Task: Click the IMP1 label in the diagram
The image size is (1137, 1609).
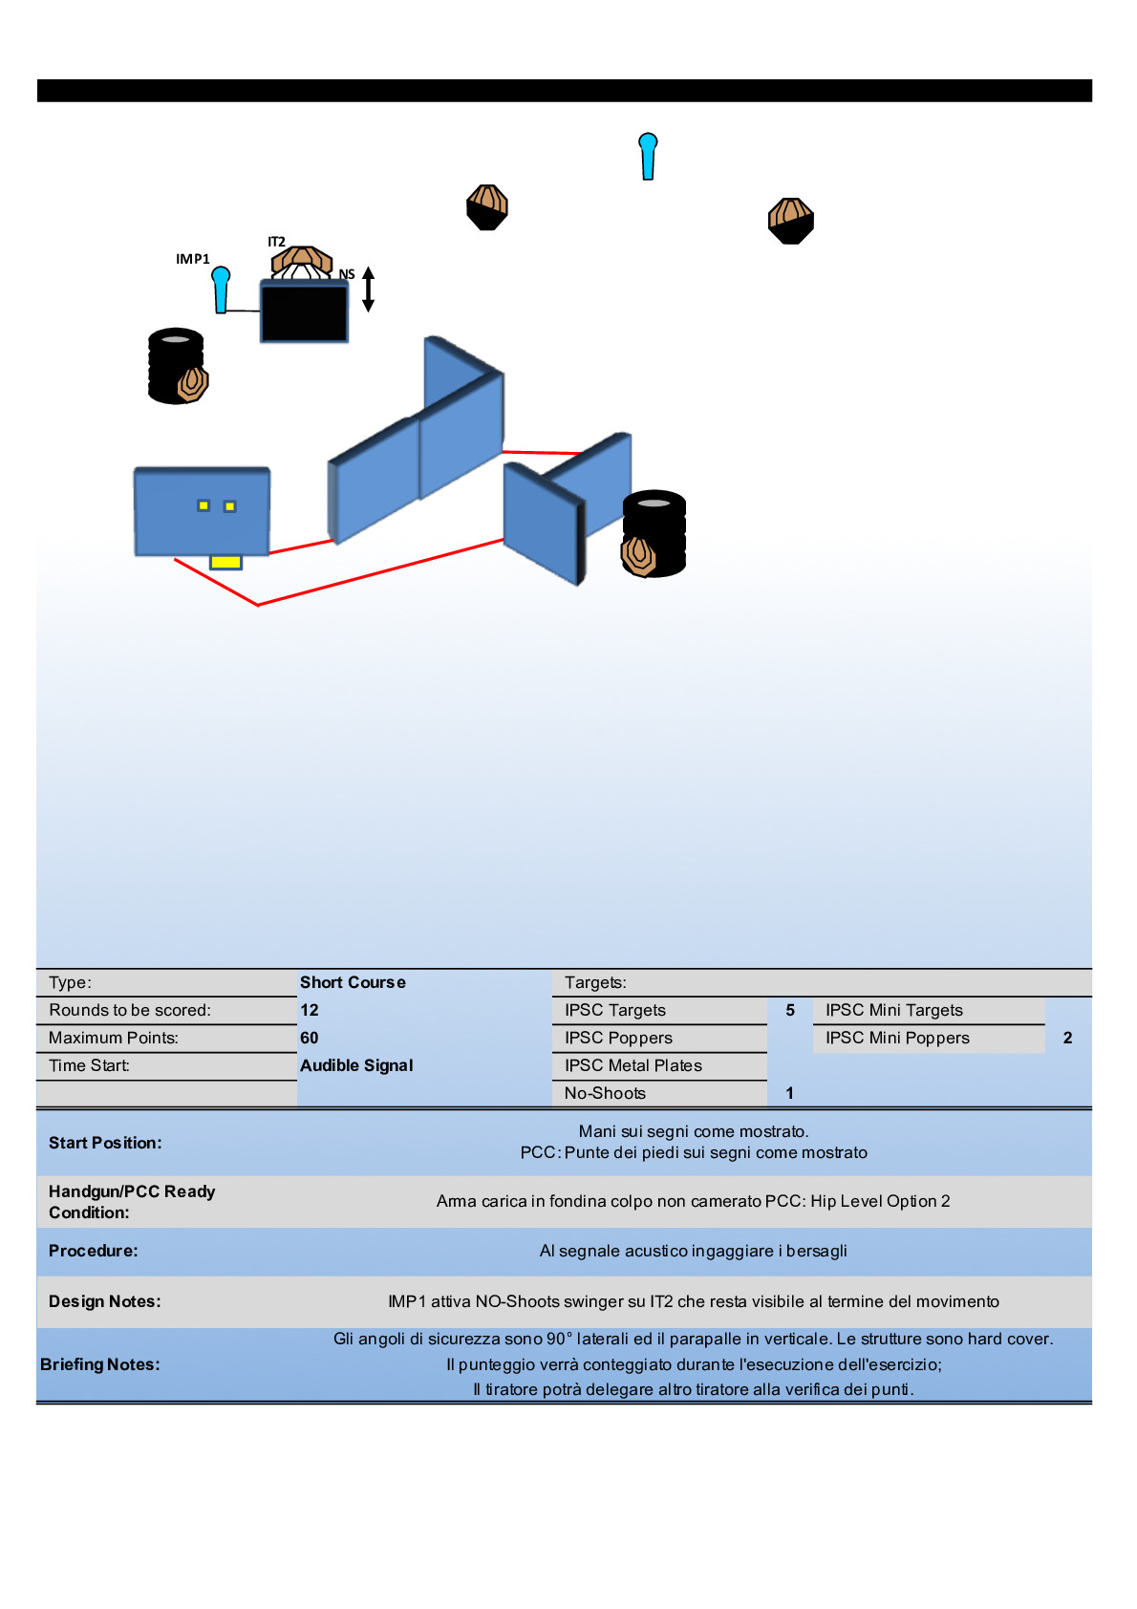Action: coord(192,259)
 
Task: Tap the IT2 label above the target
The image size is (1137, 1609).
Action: coord(276,242)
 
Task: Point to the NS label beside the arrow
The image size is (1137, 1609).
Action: coord(347,274)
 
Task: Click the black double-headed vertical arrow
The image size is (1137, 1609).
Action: coord(368,289)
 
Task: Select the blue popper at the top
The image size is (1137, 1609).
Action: coord(648,156)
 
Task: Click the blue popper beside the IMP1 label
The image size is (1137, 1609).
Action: coord(222,290)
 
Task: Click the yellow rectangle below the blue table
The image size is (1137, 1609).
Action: coord(225,562)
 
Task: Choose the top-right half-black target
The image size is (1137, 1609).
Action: coord(791,221)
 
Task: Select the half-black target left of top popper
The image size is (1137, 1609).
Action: coord(487,207)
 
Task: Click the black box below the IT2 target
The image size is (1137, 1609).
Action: coord(305,311)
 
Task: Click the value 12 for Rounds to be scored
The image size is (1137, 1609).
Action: coord(310,1010)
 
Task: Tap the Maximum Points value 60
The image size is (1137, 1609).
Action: coord(310,1038)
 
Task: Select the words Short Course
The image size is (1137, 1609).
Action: coord(353,982)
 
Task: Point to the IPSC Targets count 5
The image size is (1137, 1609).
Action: coord(790,1010)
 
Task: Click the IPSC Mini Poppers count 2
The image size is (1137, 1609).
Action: coord(1067,1038)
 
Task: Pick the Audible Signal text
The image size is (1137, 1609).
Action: coord(356,1065)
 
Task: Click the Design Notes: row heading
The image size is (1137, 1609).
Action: coord(105,1301)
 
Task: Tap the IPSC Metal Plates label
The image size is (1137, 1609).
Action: coord(633,1065)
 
